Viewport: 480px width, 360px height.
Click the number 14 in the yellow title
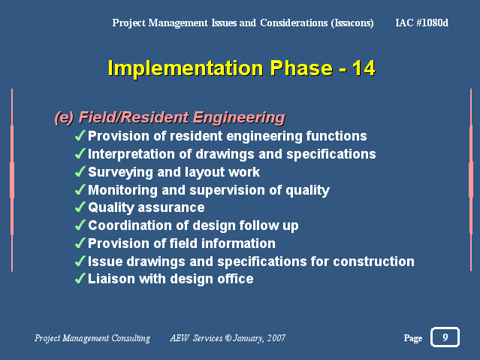coord(364,68)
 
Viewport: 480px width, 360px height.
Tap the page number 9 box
coord(445,337)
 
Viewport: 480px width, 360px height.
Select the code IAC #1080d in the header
coord(422,23)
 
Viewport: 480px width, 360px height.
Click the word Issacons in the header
coord(352,23)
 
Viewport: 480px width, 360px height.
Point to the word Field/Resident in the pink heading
coord(134,117)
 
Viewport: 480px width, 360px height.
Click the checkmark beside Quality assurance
coord(80,207)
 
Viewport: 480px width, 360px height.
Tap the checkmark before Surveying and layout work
coord(80,171)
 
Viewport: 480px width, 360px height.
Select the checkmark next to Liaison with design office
coord(80,279)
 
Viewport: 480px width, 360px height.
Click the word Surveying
coord(120,173)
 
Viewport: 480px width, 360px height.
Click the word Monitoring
coord(122,190)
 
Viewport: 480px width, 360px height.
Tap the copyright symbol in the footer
coord(228,338)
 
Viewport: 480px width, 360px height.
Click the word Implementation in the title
coord(186,68)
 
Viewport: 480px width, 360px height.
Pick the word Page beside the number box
coord(413,338)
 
